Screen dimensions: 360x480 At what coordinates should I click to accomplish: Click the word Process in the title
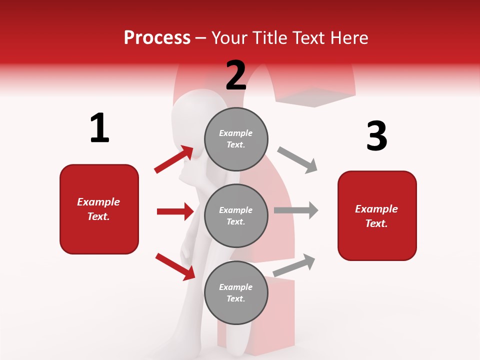[x=157, y=38]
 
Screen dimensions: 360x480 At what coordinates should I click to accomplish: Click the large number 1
[x=99, y=128]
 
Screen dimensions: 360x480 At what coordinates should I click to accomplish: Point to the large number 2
[x=236, y=75]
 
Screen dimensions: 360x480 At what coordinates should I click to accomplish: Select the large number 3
[x=376, y=136]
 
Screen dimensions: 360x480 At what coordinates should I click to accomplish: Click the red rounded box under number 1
[x=99, y=209]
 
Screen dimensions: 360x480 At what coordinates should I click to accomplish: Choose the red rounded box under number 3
[x=377, y=215]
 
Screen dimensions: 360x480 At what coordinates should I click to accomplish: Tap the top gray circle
[x=236, y=138]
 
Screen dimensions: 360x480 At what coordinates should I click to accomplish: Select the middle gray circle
[x=236, y=215]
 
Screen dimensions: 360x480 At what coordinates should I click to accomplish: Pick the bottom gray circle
[x=236, y=292]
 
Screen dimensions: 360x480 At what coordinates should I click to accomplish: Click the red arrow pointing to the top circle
[x=173, y=159]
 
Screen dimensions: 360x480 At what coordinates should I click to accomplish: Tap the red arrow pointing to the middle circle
[x=175, y=211]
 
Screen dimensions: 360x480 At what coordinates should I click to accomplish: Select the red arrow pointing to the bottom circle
[x=175, y=266]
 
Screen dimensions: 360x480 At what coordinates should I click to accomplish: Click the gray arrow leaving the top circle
[x=297, y=160]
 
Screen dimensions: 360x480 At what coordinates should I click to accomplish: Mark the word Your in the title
[x=227, y=38]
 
